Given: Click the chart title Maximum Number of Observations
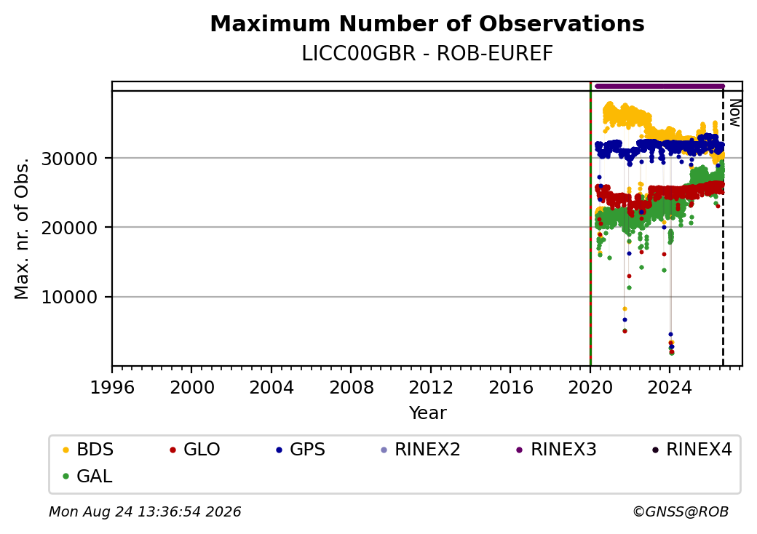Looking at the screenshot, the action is (x=427, y=23).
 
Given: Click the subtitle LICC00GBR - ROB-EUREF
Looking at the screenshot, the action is (x=427, y=54).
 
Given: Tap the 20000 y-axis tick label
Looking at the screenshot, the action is (x=70, y=228).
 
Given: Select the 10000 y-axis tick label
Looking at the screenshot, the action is (x=70, y=297).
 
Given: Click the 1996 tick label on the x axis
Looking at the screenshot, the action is (x=113, y=387).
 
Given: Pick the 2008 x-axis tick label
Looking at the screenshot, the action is (x=352, y=387).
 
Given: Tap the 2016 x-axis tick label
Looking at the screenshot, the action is (x=511, y=387).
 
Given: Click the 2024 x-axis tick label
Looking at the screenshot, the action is (x=670, y=387).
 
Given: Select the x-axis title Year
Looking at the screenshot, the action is (x=428, y=413).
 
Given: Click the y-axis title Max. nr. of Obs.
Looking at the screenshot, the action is (x=22, y=228).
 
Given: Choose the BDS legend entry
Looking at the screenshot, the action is (x=88, y=450).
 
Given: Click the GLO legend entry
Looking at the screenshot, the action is (x=194, y=450).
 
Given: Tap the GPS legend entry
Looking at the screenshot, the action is (x=301, y=450).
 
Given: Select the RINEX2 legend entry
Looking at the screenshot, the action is (x=421, y=450).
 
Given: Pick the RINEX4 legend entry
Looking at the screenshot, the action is (x=691, y=450).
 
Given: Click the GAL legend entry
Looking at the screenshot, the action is (x=87, y=477).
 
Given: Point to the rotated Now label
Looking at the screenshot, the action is (x=734, y=113).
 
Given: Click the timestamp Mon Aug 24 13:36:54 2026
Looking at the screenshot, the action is (x=145, y=511).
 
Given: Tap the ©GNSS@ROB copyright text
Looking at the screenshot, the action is (x=681, y=511).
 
